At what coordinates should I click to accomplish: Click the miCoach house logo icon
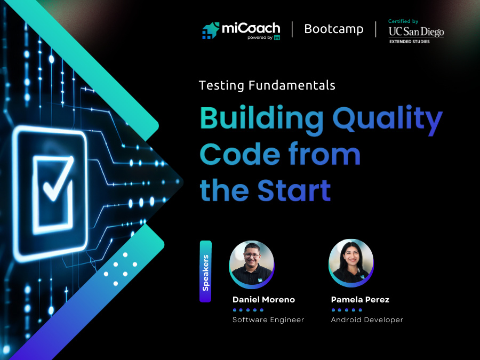coord(211,30)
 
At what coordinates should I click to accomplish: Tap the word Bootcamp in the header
coord(334,29)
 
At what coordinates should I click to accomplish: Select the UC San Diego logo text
coord(416,32)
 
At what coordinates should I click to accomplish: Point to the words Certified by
coord(404,21)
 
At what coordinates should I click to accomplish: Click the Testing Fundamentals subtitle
coord(267,85)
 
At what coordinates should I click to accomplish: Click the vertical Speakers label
coord(206,271)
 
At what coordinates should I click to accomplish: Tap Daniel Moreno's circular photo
coord(252,263)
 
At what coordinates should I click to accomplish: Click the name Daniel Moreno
coord(263,300)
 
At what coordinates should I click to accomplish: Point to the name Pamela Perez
coord(360,300)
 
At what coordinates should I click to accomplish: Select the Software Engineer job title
coord(268,320)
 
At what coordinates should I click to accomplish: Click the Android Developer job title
coord(367,320)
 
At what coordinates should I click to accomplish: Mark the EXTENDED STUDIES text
coord(409,41)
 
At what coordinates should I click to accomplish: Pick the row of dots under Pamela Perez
coord(347,310)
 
